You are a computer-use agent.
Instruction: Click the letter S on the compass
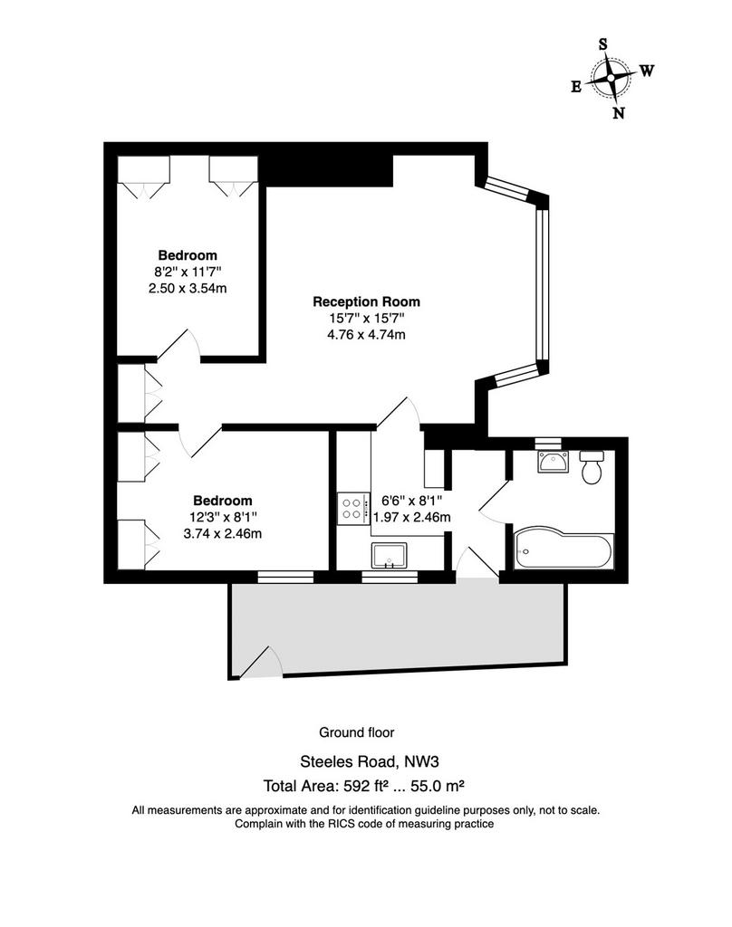click(x=603, y=44)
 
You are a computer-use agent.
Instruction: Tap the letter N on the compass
click(x=619, y=113)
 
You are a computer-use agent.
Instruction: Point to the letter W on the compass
click(x=647, y=71)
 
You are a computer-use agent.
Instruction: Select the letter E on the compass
click(x=576, y=87)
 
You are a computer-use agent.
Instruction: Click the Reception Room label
click(x=366, y=301)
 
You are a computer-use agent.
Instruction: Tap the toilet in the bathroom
click(x=592, y=466)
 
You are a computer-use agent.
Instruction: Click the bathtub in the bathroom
click(x=563, y=548)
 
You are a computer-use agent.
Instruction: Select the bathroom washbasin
click(x=554, y=461)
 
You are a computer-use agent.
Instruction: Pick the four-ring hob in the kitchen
click(x=351, y=509)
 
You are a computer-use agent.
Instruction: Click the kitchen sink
click(x=390, y=555)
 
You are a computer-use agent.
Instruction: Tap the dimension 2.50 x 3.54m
click(x=188, y=289)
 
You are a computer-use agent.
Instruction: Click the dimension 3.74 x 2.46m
click(x=223, y=534)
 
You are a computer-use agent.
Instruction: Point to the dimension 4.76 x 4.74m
click(x=366, y=335)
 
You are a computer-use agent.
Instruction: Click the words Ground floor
click(x=357, y=732)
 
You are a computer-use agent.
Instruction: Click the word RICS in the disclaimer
click(x=341, y=824)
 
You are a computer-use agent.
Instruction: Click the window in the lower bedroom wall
click(x=285, y=577)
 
